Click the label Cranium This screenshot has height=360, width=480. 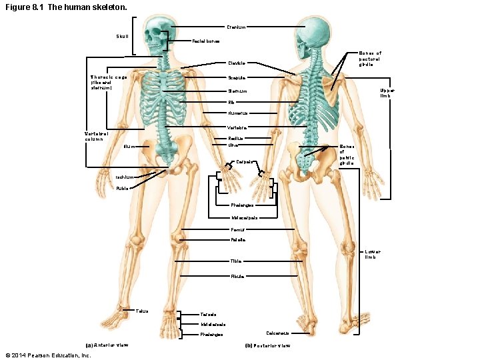[237, 27]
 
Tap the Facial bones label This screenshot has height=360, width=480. [205, 41]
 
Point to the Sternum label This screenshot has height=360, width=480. [237, 91]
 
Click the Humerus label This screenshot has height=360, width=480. [237, 113]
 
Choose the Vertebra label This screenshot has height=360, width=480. [237, 127]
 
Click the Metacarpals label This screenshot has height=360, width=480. [245, 218]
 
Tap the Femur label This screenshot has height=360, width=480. [237, 229]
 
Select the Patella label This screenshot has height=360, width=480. [237, 239]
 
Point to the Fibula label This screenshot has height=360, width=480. [237, 276]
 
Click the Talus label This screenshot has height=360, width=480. [142, 311]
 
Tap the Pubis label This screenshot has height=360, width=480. [123, 189]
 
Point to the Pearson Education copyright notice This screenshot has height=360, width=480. [47, 355]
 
